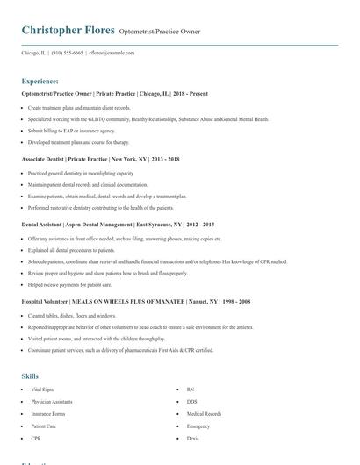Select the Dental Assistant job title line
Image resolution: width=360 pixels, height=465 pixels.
point(115,225)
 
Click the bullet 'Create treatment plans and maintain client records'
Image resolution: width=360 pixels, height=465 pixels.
point(79,107)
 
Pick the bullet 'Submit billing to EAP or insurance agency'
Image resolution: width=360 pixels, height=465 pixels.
point(71,130)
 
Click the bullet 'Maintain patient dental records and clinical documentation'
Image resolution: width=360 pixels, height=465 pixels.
point(88,184)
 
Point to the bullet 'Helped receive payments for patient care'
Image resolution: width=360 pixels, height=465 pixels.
point(69,284)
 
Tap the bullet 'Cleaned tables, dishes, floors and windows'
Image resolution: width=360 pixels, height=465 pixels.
point(72,315)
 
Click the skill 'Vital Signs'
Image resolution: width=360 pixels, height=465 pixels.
point(42,389)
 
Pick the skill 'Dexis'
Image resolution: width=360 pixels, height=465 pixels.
point(192,438)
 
